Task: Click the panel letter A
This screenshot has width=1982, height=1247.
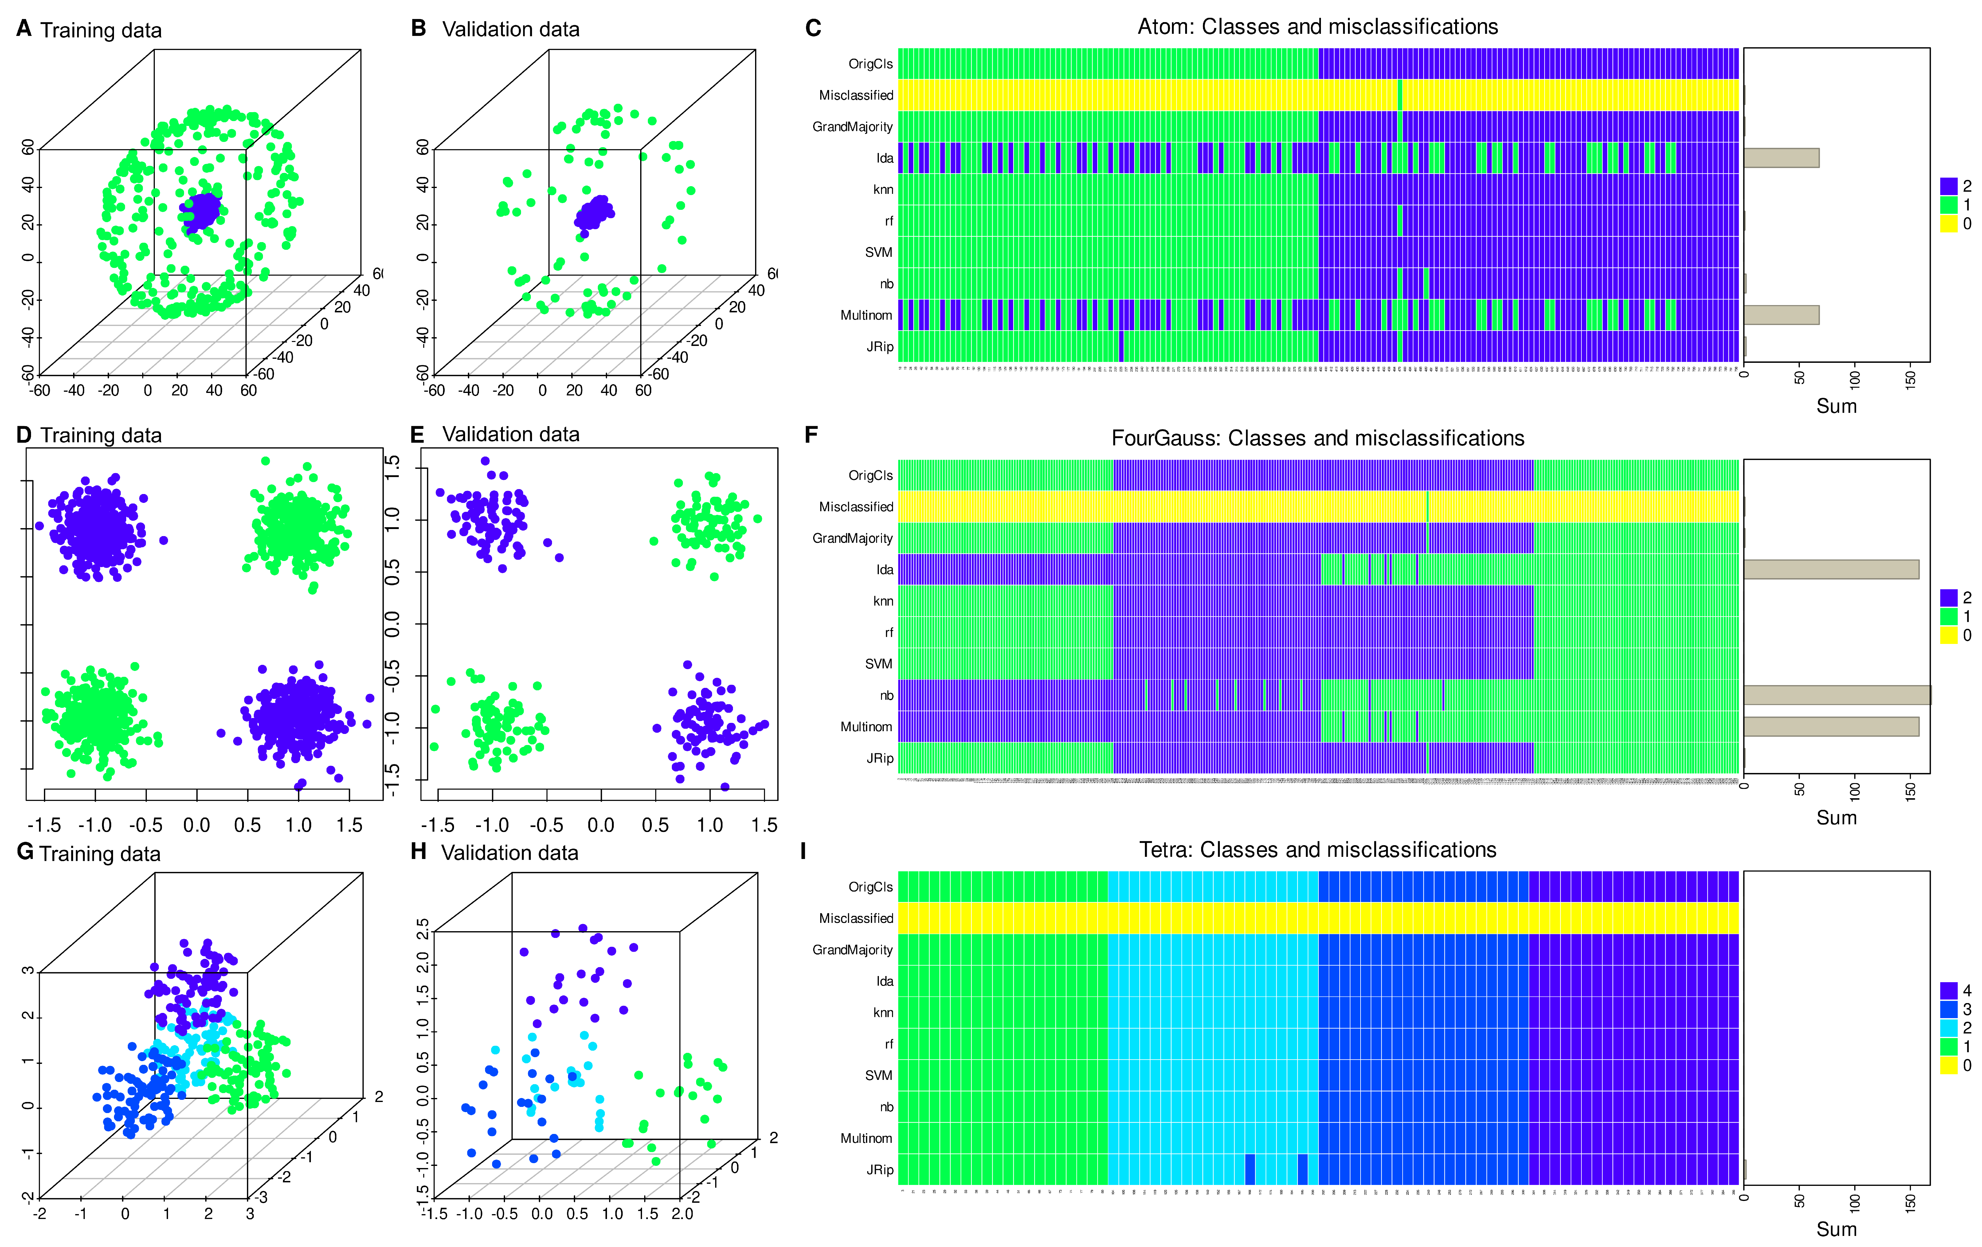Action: [24, 29]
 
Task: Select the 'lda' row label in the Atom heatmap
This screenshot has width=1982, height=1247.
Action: [884, 158]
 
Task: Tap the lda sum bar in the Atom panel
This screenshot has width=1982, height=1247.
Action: [1780, 158]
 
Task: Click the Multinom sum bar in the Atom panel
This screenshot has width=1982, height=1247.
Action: [1780, 315]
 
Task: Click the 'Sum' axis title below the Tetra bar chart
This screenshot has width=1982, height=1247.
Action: [1836, 1229]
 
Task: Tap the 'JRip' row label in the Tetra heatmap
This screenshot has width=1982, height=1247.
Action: [879, 1170]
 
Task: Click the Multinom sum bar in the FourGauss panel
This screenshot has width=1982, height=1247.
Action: [1831, 727]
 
